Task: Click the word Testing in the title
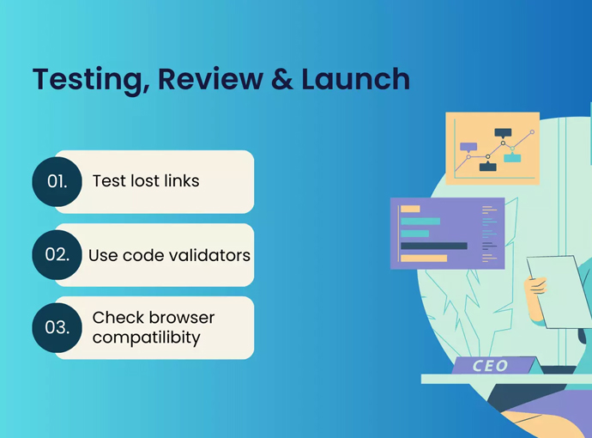(78, 79)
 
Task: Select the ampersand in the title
(271, 79)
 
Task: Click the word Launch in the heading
(351, 79)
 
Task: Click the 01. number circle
(57, 181)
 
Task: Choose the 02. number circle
(57, 255)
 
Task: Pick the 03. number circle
(57, 328)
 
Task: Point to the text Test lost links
(146, 181)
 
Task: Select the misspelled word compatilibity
(146, 338)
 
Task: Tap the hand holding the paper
(538, 283)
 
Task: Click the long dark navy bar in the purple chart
(433, 246)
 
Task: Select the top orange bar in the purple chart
(410, 209)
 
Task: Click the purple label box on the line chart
(468, 147)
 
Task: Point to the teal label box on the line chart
(512, 157)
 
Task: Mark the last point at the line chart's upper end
(532, 132)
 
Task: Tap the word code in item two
(143, 255)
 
